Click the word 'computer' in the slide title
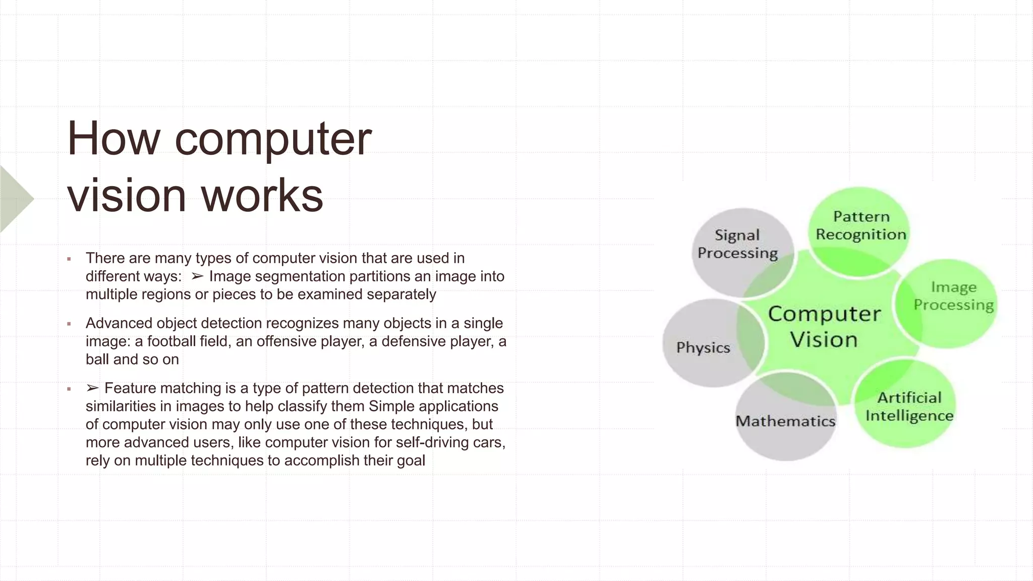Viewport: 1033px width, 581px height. (x=273, y=140)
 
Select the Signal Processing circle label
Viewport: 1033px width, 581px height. (x=737, y=244)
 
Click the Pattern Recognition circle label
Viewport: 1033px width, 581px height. (x=861, y=225)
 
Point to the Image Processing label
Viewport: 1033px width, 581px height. (x=953, y=296)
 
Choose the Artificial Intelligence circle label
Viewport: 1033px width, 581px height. (x=909, y=406)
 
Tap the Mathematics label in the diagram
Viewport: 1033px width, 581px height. (x=785, y=421)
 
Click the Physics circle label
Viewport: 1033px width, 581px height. (x=703, y=347)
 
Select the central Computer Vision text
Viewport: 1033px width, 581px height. (x=824, y=326)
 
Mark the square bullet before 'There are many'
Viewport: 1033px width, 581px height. (x=69, y=259)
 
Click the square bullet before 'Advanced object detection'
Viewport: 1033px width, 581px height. (x=69, y=324)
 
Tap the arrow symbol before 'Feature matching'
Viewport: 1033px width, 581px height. (x=92, y=388)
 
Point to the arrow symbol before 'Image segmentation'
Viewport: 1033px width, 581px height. (x=197, y=276)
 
